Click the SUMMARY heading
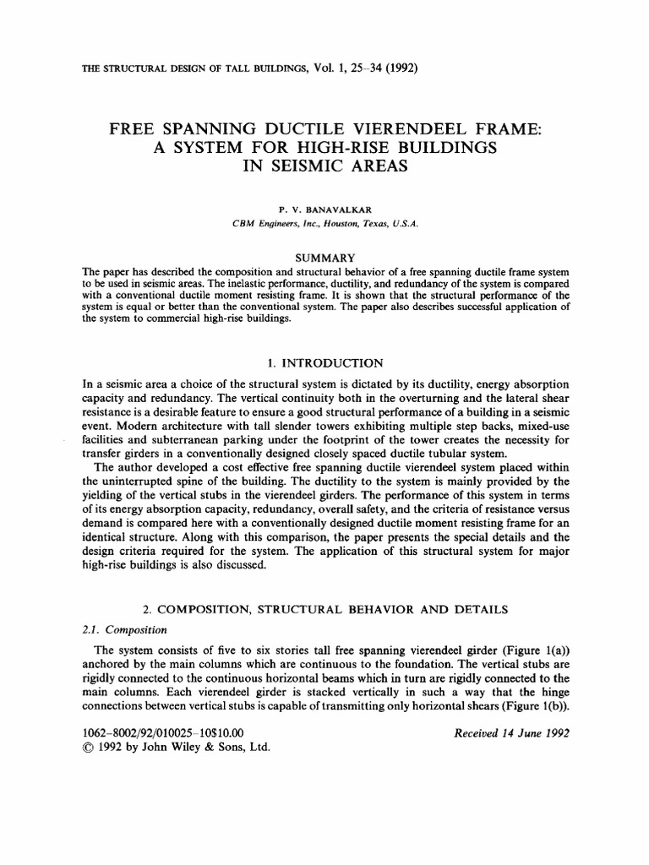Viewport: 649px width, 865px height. pyautogui.click(x=324, y=257)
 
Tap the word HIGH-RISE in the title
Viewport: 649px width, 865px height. pyautogui.click(x=322, y=149)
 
